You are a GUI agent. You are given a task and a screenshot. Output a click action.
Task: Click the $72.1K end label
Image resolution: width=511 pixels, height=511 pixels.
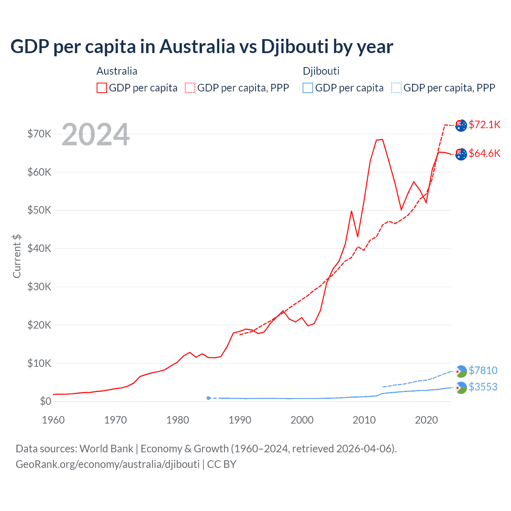(x=484, y=125)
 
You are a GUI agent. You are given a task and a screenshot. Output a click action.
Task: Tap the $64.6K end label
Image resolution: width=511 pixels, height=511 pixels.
(x=484, y=153)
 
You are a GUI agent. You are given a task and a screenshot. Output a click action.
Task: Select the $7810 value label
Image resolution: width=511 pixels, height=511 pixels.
(x=483, y=370)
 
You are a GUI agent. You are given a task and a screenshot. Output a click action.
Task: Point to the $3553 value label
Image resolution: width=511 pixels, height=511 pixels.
(x=483, y=387)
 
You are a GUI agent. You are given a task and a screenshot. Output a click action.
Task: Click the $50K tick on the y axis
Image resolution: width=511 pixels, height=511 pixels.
(x=39, y=210)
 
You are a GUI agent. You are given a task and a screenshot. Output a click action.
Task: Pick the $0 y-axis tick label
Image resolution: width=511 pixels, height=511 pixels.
(x=46, y=402)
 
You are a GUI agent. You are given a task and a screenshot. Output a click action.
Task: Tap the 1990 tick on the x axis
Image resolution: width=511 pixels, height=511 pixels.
(x=240, y=420)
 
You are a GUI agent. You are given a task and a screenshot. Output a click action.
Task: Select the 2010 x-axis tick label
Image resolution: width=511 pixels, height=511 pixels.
(x=364, y=420)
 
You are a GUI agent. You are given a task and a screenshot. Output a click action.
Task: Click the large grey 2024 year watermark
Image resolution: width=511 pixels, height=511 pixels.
(x=96, y=135)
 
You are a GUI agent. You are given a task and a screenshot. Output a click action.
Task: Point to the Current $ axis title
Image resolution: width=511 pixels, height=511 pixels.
(x=17, y=256)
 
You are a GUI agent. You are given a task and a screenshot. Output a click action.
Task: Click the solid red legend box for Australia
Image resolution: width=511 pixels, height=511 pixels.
(x=102, y=88)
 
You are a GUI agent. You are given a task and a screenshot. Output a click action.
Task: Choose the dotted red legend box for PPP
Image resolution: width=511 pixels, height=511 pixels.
(x=190, y=88)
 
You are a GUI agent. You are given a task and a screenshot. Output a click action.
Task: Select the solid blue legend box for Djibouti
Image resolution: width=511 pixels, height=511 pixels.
(x=308, y=88)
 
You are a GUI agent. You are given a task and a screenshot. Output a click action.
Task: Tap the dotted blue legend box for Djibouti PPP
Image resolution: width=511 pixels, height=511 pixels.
(x=396, y=88)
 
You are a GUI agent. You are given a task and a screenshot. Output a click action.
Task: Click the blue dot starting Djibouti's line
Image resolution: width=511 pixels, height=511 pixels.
(x=208, y=398)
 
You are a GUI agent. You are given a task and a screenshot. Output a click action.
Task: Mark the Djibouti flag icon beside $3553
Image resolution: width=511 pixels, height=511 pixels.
(x=461, y=388)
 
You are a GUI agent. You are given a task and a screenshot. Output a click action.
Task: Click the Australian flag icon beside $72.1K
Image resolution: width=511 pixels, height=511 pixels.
(x=461, y=125)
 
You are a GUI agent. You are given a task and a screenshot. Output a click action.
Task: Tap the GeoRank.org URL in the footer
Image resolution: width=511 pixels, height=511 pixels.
(x=107, y=464)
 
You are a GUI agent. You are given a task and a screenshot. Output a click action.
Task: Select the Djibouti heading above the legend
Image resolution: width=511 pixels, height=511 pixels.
(x=321, y=71)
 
